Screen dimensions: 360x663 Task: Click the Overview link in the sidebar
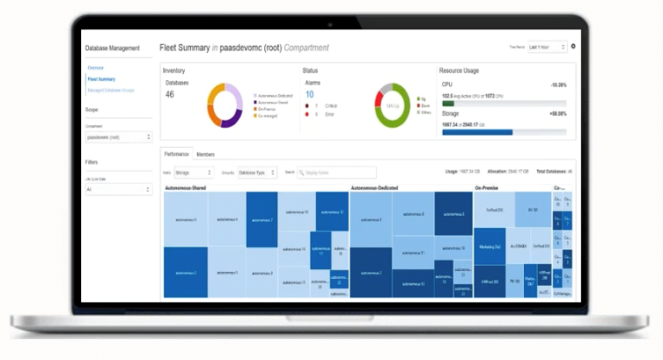[x=96, y=67]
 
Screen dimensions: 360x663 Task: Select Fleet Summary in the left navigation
[x=101, y=79]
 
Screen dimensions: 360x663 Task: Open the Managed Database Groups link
[x=110, y=90]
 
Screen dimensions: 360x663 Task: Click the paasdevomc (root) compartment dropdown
[x=118, y=136]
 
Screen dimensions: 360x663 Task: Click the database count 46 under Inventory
[x=169, y=94]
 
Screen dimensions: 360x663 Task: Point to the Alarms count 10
[x=309, y=94]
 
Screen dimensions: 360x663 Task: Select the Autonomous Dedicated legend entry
[x=275, y=95]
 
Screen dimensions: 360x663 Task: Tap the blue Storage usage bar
[x=477, y=132]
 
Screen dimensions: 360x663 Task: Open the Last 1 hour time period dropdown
[x=546, y=47]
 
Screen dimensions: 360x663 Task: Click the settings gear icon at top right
[x=573, y=46]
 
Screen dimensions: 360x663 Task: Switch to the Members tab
[x=205, y=155]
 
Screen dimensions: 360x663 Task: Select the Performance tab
[x=177, y=155]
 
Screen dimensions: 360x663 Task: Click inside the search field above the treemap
[x=337, y=173]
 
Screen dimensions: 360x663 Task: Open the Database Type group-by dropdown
[x=257, y=173]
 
